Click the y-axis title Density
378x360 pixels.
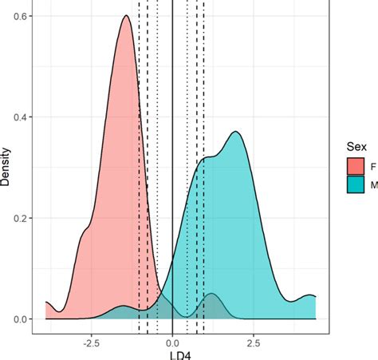[x=6, y=168]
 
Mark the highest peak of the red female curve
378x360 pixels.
[x=125, y=17]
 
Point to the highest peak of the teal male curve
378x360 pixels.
[x=235, y=133]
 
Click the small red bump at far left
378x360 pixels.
[x=48, y=303]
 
